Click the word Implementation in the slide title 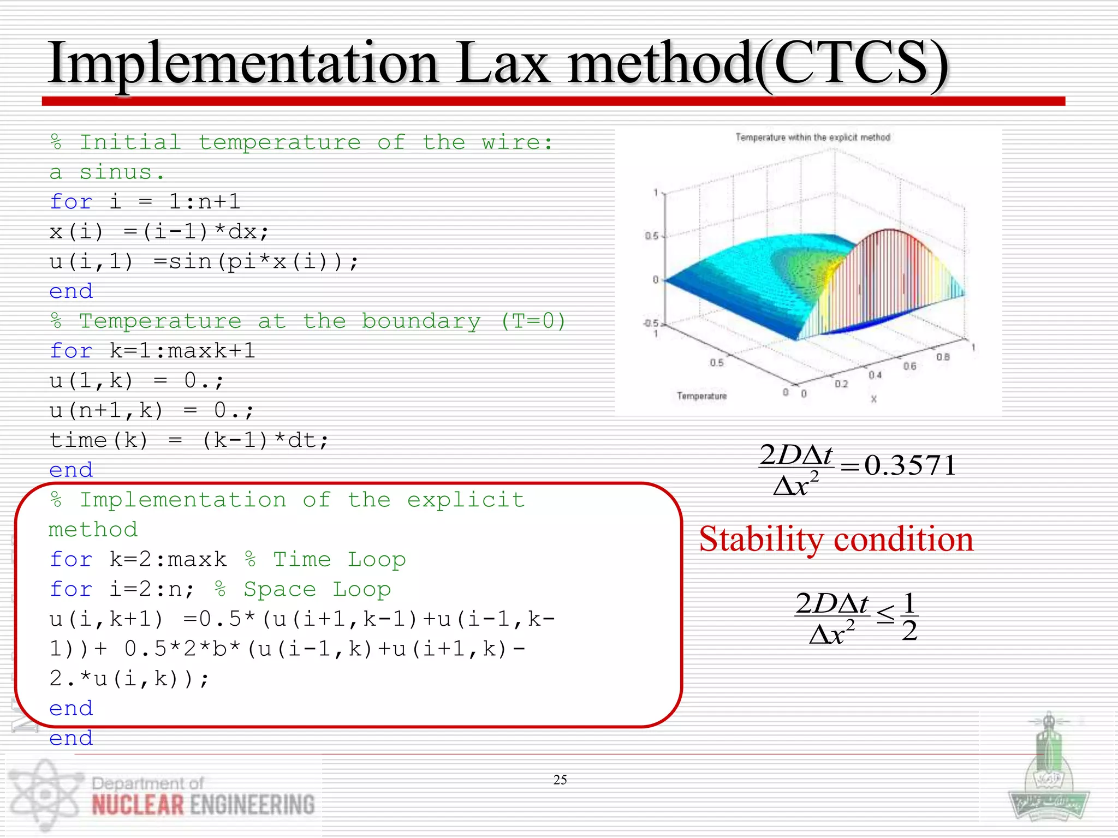(x=243, y=64)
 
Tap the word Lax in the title (x=502, y=64)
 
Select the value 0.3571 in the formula (x=910, y=465)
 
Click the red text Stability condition (x=836, y=540)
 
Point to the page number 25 (x=560, y=780)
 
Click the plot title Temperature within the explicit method (x=812, y=137)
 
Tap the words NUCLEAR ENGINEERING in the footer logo (x=203, y=805)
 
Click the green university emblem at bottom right (x=1048, y=775)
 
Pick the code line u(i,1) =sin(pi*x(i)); (x=204, y=262)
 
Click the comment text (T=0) (x=533, y=321)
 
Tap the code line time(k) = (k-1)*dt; (x=189, y=440)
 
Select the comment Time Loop (x=339, y=559)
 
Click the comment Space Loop (x=317, y=589)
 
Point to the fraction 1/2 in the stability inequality (x=909, y=616)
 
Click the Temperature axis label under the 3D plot (x=701, y=396)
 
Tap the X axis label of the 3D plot (x=873, y=399)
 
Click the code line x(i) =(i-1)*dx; (x=159, y=232)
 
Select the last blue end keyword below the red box (x=71, y=738)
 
